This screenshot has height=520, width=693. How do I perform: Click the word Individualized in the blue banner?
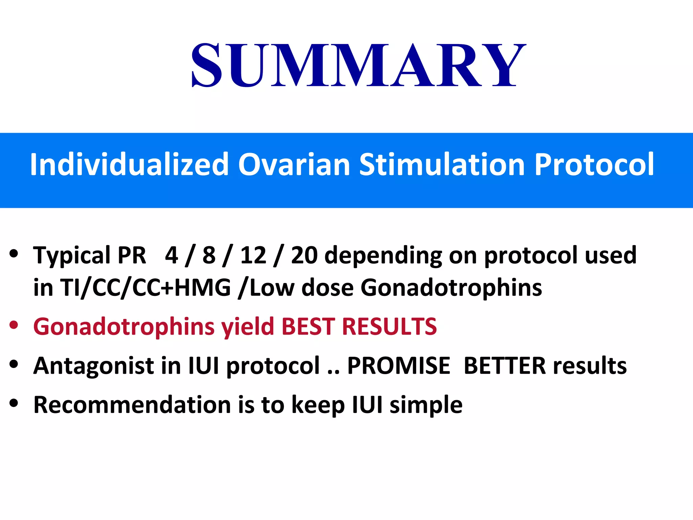(129, 165)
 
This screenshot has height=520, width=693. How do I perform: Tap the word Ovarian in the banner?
(294, 165)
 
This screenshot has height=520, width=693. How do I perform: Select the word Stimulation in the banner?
(442, 165)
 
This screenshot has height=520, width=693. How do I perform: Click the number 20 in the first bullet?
(304, 255)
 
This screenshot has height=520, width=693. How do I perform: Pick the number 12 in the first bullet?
(253, 255)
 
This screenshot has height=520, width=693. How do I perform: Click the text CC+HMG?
(181, 288)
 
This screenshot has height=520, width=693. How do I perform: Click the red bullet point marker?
(14, 326)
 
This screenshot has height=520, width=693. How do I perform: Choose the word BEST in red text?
(308, 327)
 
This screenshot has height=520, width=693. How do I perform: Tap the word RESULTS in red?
(389, 327)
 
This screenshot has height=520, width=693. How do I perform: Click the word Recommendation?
(132, 405)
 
